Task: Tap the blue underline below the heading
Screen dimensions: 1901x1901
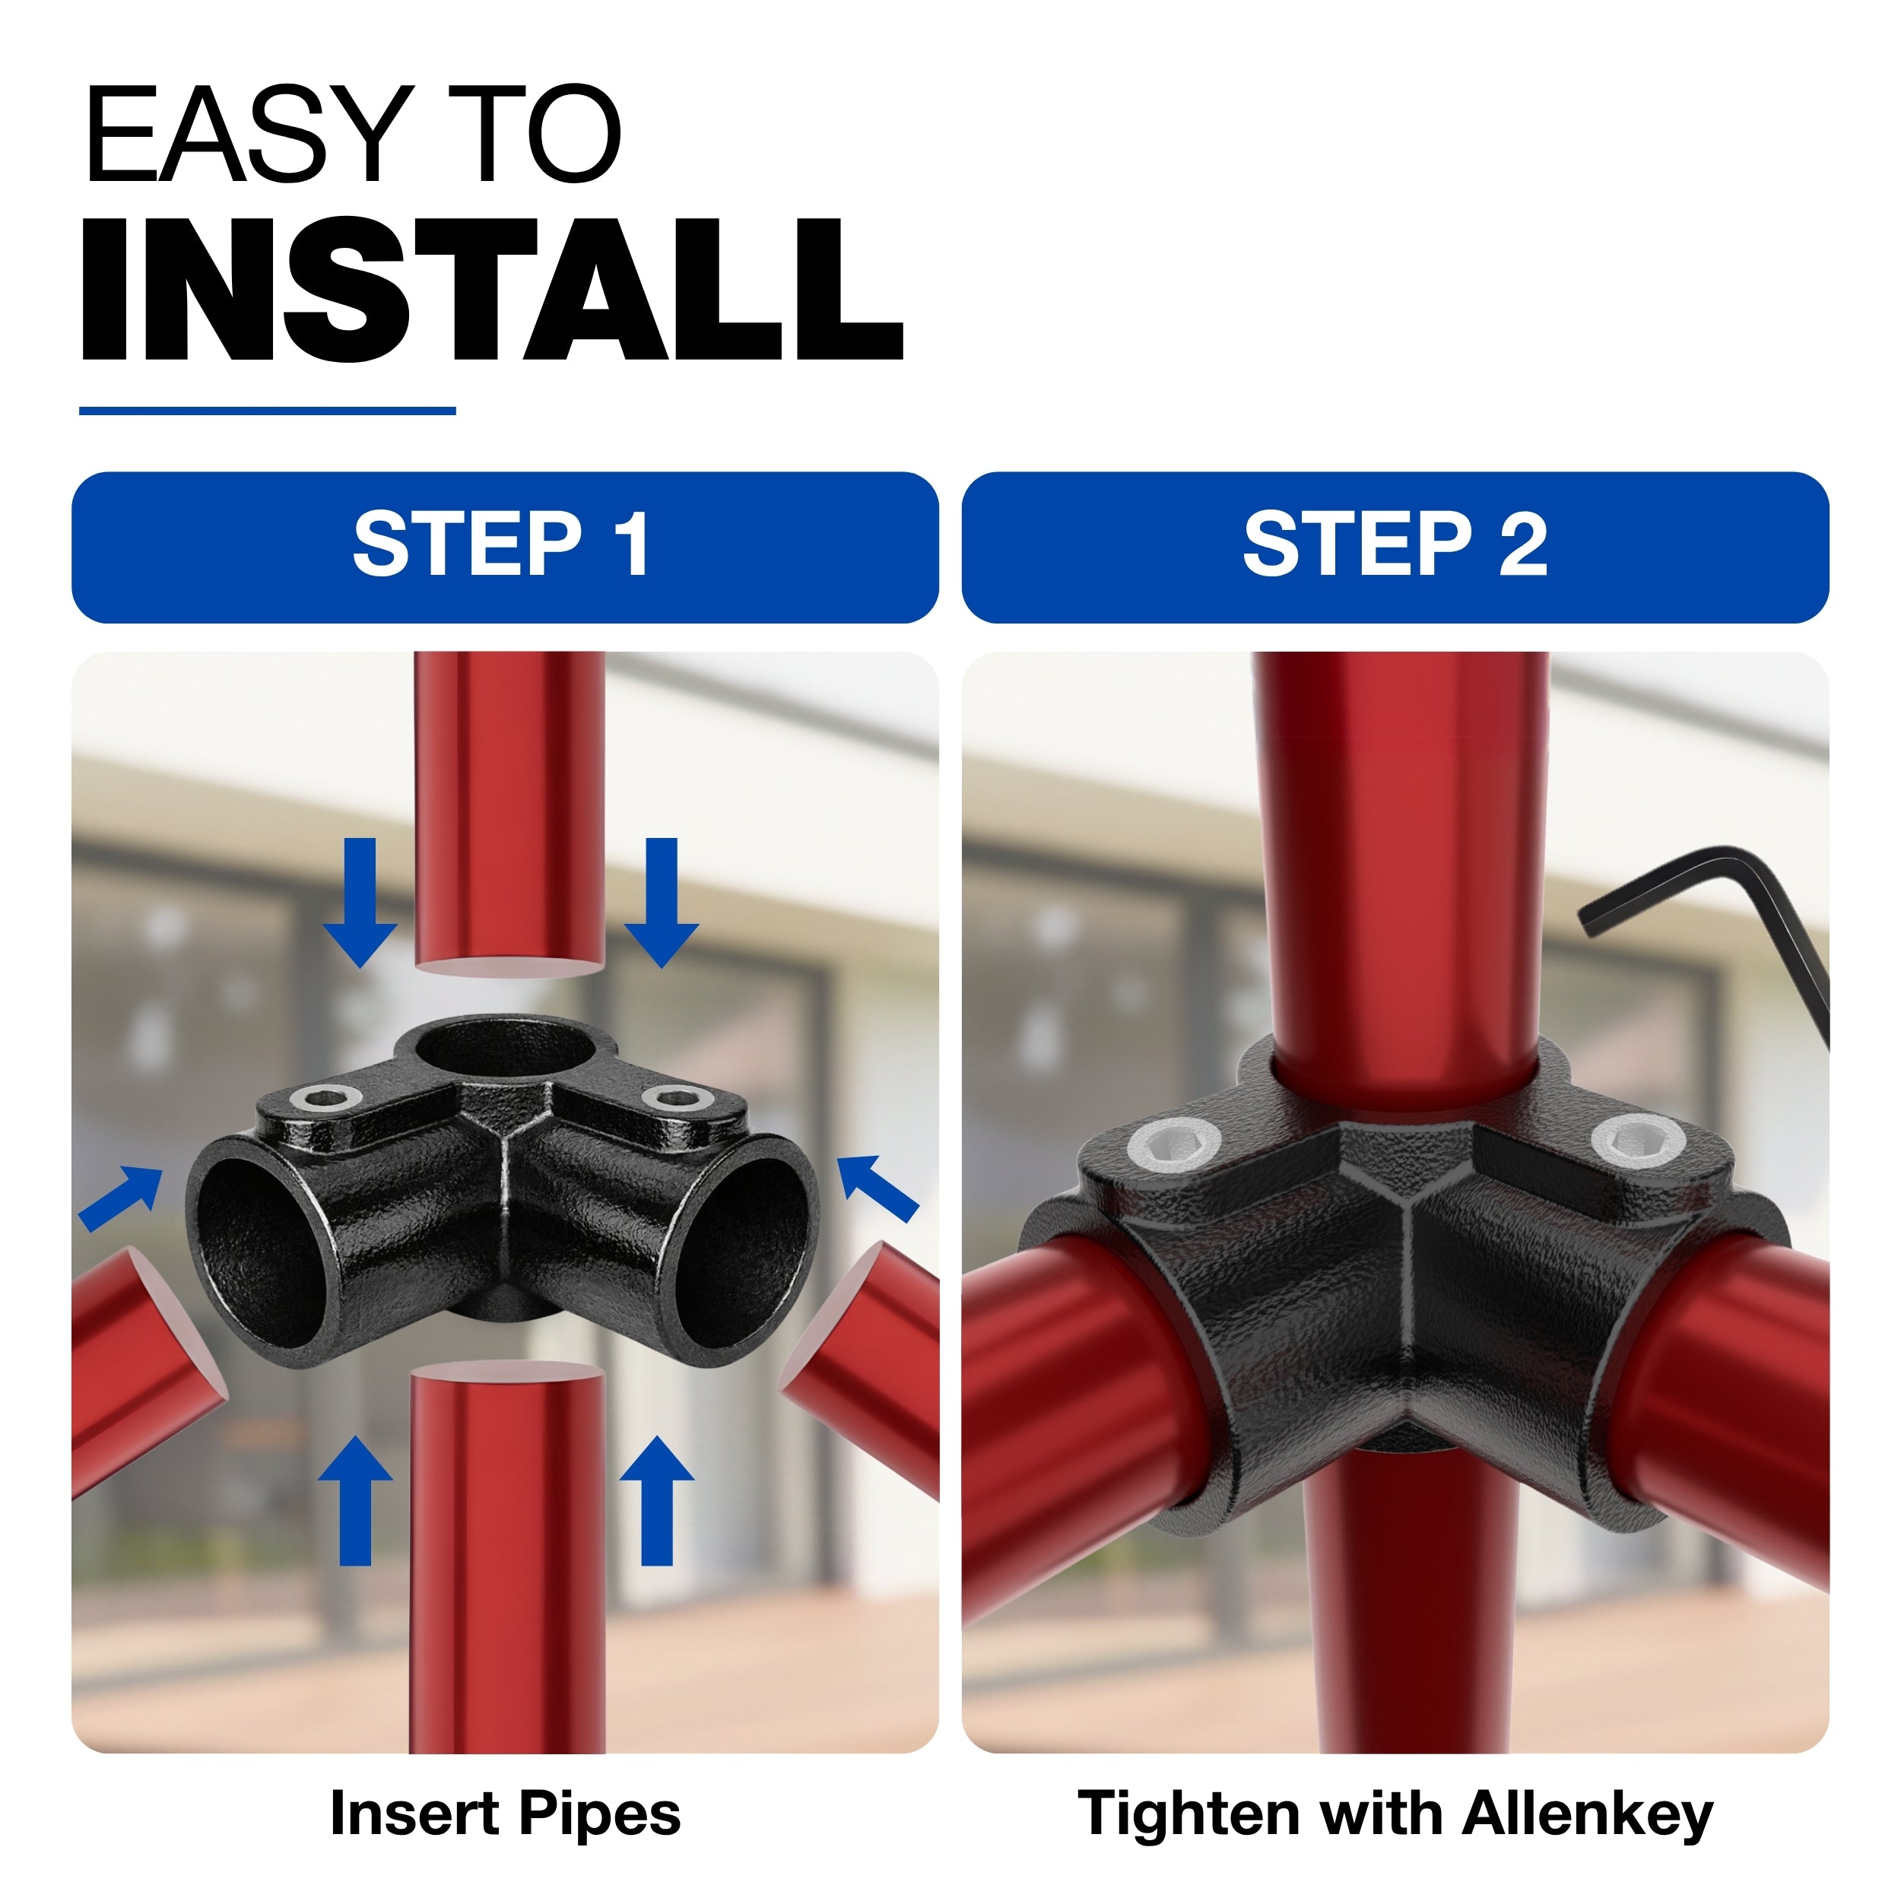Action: click(267, 411)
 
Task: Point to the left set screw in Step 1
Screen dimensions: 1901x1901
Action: click(331, 1098)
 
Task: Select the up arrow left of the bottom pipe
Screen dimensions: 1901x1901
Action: click(356, 1500)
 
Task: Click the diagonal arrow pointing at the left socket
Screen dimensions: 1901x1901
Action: click(121, 1198)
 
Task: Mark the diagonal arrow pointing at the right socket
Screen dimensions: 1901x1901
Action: click(877, 1189)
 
